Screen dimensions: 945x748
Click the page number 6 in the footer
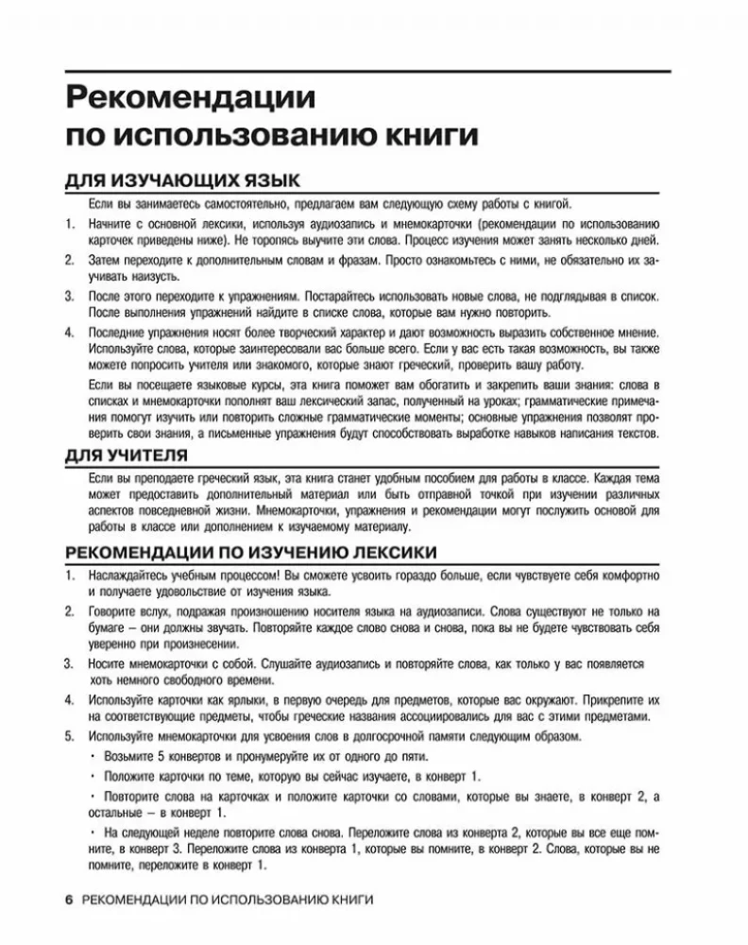[68, 899]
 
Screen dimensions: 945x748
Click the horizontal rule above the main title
[368, 70]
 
